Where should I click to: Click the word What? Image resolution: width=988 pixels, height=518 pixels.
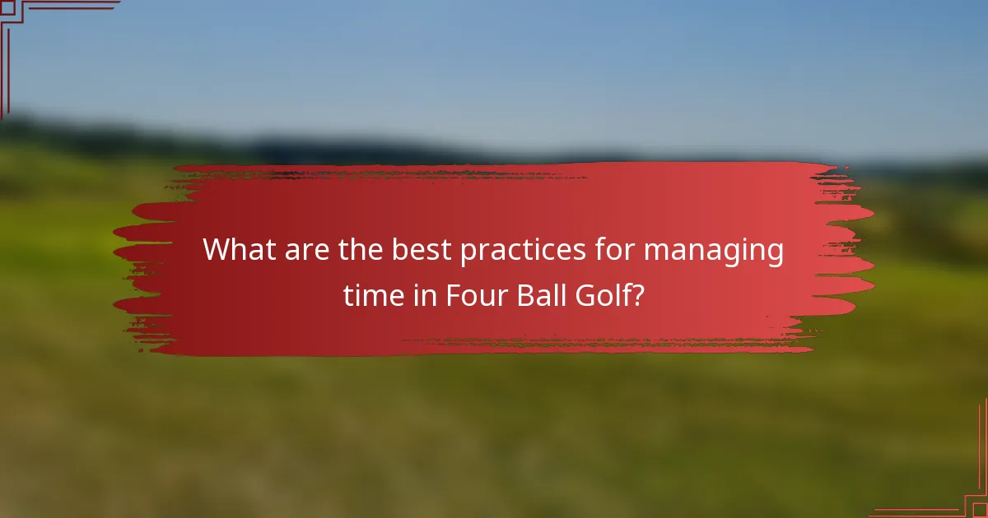tap(240, 249)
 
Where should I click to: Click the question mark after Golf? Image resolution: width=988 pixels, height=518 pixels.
tap(637, 295)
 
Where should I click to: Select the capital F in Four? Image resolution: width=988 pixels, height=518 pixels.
tap(453, 295)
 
